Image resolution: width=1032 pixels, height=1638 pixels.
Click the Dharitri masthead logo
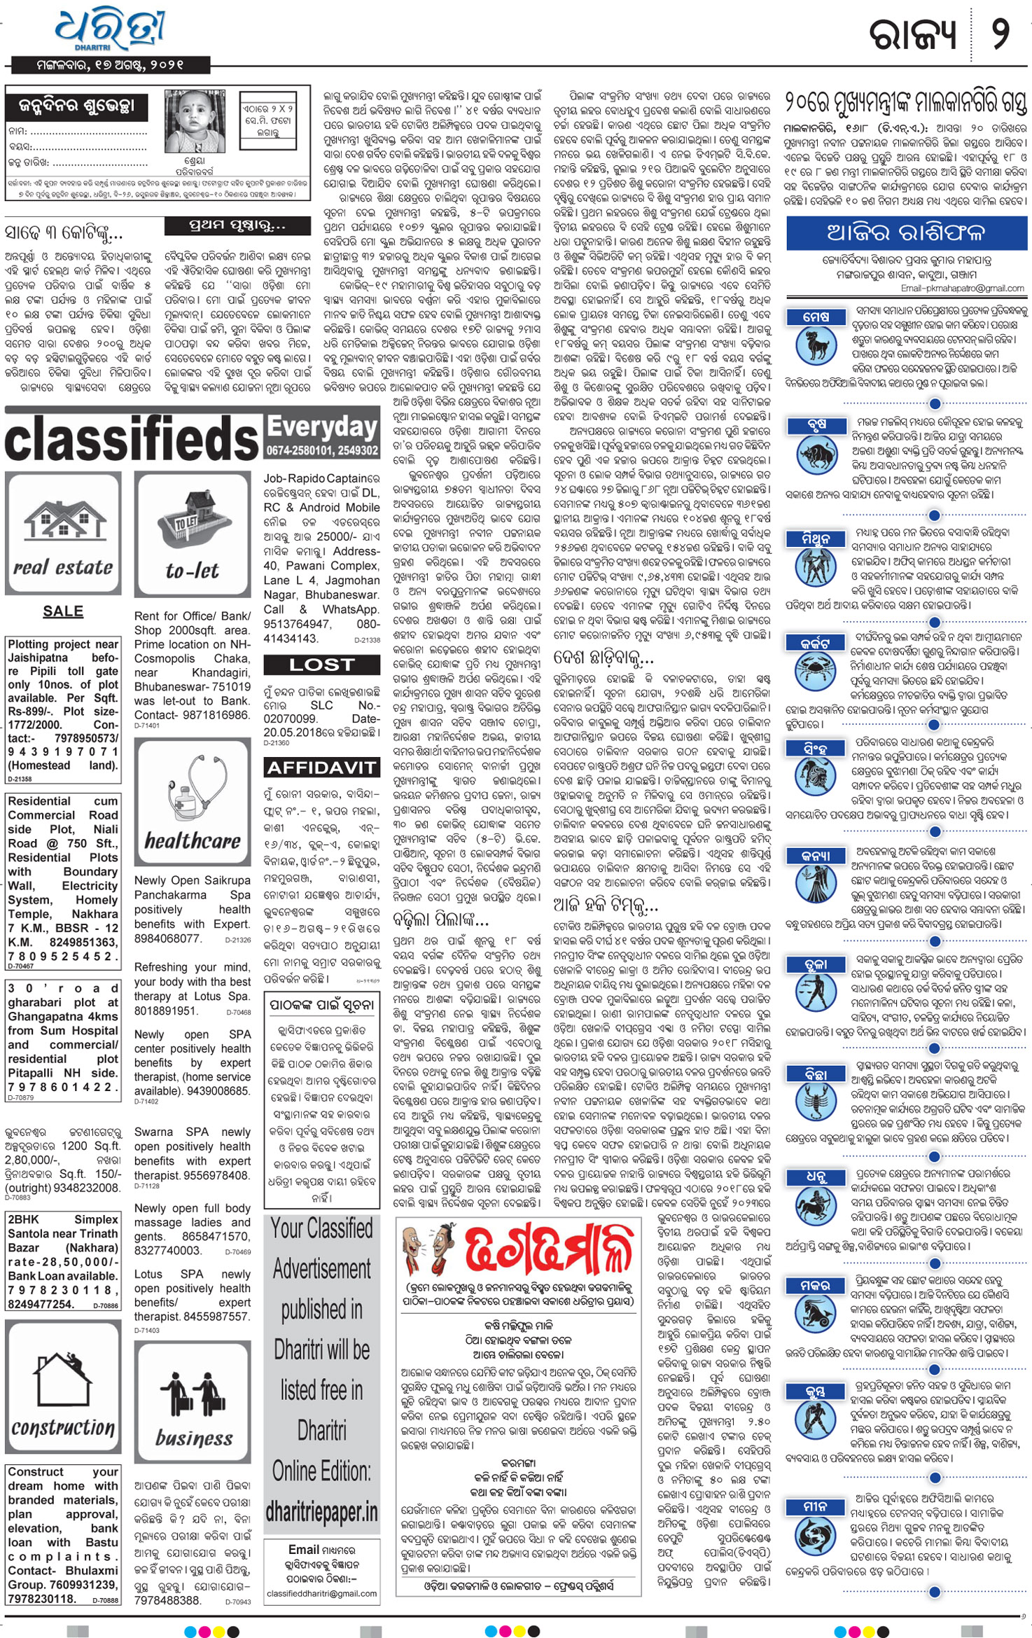tap(111, 30)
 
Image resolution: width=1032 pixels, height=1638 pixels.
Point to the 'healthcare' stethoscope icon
tap(193, 803)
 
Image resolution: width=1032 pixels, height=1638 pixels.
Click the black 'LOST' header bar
tap(321, 665)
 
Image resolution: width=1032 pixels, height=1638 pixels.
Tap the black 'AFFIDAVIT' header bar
tap(321, 768)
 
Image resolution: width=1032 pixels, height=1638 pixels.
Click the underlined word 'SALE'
tap(63, 611)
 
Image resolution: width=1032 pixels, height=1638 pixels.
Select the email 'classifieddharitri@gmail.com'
tap(321, 1593)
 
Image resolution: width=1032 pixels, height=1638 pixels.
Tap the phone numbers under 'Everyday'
tap(321, 451)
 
